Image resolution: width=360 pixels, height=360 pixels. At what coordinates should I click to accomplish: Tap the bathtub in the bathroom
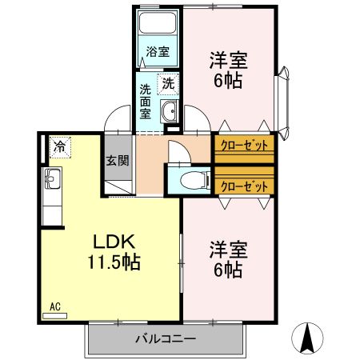pyautogui.click(x=158, y=26)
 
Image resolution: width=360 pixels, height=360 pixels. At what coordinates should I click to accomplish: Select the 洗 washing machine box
pyautogui.click(x=168, y=82)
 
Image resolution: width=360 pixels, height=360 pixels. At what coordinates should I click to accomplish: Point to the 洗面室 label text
pyautogui.click(x=146, y=101)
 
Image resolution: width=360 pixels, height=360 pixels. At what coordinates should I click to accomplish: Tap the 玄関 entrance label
pyautogui.click(x=117, y=160)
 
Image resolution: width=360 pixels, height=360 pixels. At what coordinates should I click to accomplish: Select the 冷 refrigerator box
pyautogui.click(x=60, y=146)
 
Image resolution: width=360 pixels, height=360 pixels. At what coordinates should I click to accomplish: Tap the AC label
pyautogui.click(x=55, y=306)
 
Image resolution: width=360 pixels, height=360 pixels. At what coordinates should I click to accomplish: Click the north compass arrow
pyautogui.click(x=308, y=338)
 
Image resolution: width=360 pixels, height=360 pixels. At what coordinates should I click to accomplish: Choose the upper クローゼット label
pyautogui.click(x=243, y=146)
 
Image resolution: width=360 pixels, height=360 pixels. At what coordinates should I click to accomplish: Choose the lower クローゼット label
pyautogui.click(x=243, y=186)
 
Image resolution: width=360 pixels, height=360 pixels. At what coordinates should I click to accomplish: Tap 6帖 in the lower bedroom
pyautogui.click(x=228, y=270)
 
